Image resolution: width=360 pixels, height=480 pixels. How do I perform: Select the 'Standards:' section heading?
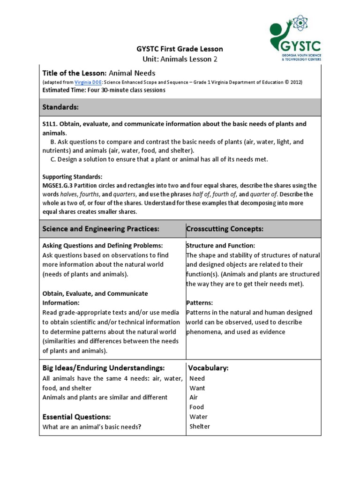60,107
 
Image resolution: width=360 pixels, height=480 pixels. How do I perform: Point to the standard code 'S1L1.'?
51,124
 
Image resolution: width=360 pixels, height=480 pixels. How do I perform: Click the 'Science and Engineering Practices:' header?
101,229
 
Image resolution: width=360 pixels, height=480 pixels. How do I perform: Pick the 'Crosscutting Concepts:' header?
225,229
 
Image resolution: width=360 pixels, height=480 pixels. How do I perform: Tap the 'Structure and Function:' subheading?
221,246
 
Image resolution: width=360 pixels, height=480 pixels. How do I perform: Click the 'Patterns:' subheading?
200,303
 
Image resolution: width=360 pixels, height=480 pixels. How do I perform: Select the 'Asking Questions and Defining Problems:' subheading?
103,246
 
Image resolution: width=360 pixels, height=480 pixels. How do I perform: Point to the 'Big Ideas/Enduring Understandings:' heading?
104,368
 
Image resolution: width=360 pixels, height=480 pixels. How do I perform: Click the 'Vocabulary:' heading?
208,368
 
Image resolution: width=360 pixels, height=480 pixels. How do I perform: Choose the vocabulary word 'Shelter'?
200,427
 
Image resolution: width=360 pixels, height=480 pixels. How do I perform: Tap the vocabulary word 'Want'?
197,388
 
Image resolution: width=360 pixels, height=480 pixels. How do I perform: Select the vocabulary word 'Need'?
197,378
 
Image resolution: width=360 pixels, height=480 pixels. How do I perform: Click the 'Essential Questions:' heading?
76,417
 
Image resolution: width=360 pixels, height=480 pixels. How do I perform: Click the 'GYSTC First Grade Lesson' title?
180,49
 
